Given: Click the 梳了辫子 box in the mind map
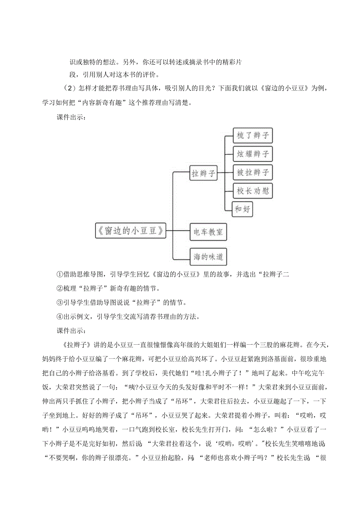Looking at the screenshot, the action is point(252,135).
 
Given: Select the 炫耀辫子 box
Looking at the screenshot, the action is point(252,154).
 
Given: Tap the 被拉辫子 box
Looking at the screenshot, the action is point(252,172).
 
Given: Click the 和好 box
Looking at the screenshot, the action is point(243,209).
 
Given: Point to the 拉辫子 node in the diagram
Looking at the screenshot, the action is point(203,173).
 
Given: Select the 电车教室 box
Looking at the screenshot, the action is point(208,232).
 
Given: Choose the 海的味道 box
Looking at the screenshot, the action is point(208,257).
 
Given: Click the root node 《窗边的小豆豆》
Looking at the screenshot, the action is point(130,230).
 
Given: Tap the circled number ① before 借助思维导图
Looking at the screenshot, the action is point(59,275).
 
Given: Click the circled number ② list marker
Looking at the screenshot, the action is point(59,288).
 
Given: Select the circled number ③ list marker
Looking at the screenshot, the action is point(59,302).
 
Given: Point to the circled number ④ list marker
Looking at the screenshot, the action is point(59,316).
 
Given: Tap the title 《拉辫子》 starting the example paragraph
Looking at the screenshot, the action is point(78,344).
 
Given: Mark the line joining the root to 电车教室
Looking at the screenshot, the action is point(178,230).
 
